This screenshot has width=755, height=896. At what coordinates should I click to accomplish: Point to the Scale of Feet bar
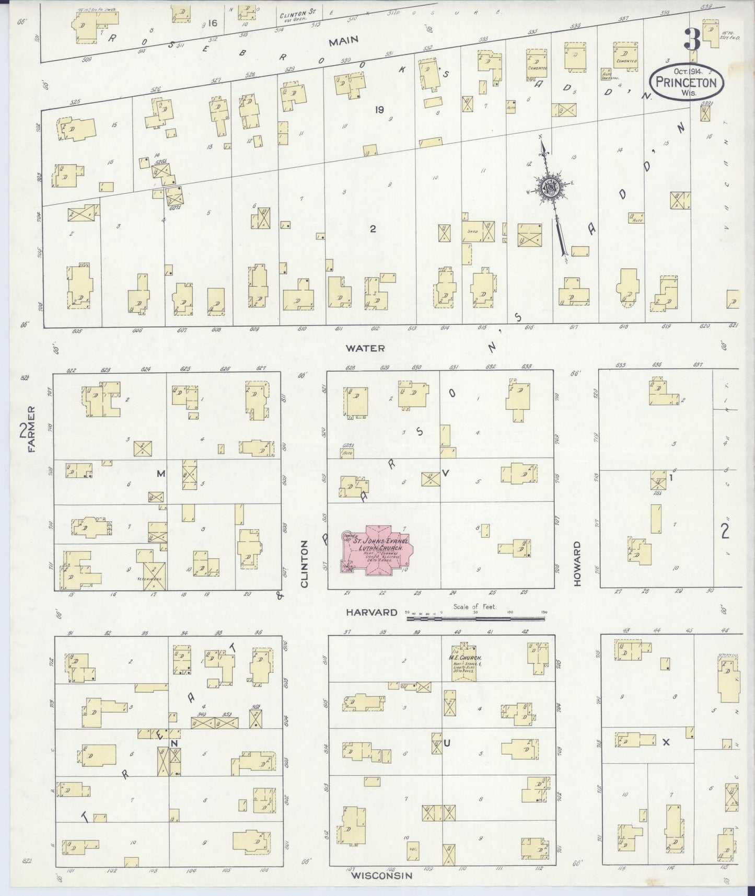coord(475,618)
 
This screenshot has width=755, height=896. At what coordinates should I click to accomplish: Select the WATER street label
coord(372,348)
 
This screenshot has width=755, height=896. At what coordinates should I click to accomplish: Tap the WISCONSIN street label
coord(381,875)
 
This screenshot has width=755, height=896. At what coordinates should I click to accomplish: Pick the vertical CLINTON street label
coord(305,564)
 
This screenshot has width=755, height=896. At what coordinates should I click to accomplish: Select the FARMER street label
coord(31,430)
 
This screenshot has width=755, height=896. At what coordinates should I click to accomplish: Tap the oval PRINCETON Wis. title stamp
coord(687,79)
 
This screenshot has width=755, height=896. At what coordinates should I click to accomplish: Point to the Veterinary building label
coord(153,580)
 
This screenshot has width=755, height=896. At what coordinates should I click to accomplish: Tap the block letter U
coord(447,743)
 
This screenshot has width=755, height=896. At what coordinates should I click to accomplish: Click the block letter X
coord(666,742)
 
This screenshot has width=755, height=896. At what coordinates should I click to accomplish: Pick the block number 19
coord(379,109)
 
